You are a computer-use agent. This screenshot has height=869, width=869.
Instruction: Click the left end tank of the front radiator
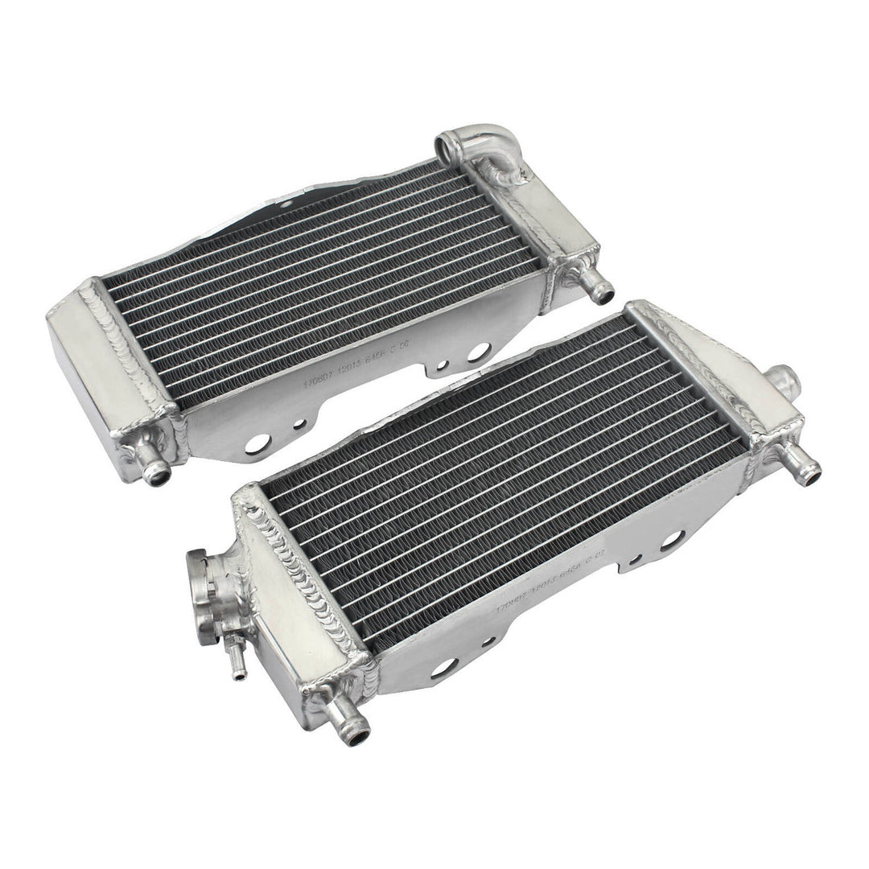tap(302, 595)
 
